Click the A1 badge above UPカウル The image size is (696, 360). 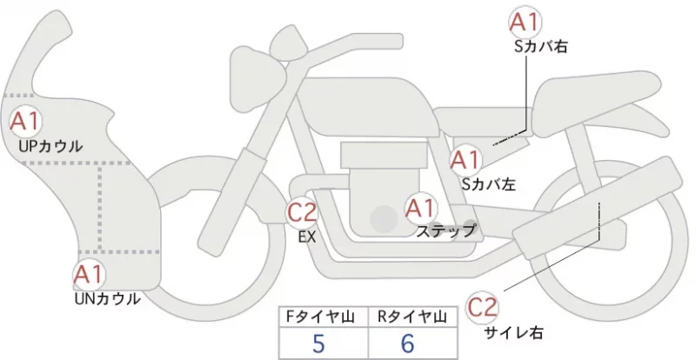click(25, 121)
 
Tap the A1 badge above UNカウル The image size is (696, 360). click(90, 274)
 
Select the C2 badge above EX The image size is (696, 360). click(302, 211)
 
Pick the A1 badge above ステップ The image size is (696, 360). click(421, 208)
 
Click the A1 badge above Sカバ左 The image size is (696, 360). click(465, 160)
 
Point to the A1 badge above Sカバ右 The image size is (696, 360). click(525, 23)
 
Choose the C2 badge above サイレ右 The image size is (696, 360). click(483, 308)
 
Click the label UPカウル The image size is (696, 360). click(50, 146)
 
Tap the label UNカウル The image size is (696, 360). click(108, 299)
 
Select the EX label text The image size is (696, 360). click(307, 237)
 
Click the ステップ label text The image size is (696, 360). click(445, 230)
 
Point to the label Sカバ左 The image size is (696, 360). click(489, 184)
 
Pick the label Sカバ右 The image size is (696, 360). click(540, 47)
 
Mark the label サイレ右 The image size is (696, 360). click(513, 332)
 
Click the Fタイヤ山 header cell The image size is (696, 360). click(324, 317)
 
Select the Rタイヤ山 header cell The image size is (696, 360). click(412, 317)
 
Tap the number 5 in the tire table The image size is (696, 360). click(318, 343)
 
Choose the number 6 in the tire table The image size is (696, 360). click(407, 343)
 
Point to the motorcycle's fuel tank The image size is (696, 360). click(366, 107)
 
